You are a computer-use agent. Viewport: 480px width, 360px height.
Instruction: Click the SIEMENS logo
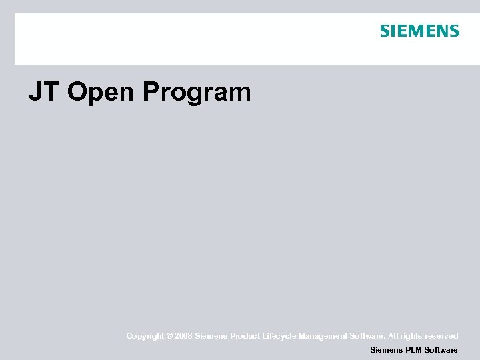pyautogui.click(x=419, y=31)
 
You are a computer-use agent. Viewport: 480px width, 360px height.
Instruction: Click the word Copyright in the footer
pyautogui.click(x=145, y=337)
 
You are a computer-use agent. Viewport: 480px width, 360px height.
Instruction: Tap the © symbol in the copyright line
pyautogui.click(x=170, y=337)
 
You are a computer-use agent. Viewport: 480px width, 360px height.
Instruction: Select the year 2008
pyautogui.click(x=183, y=337)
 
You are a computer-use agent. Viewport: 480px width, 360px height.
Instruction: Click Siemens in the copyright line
pyautogui.click(x=211, y=337)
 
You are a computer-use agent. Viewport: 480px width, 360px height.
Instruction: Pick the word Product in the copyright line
pyautogui.click(x=245, y=337)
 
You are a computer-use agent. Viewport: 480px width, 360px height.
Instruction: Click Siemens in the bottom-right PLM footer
pyautogui.click(x=386, y=350)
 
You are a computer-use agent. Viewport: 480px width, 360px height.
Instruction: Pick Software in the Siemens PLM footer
pyautogui.click(x=441, y=350)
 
